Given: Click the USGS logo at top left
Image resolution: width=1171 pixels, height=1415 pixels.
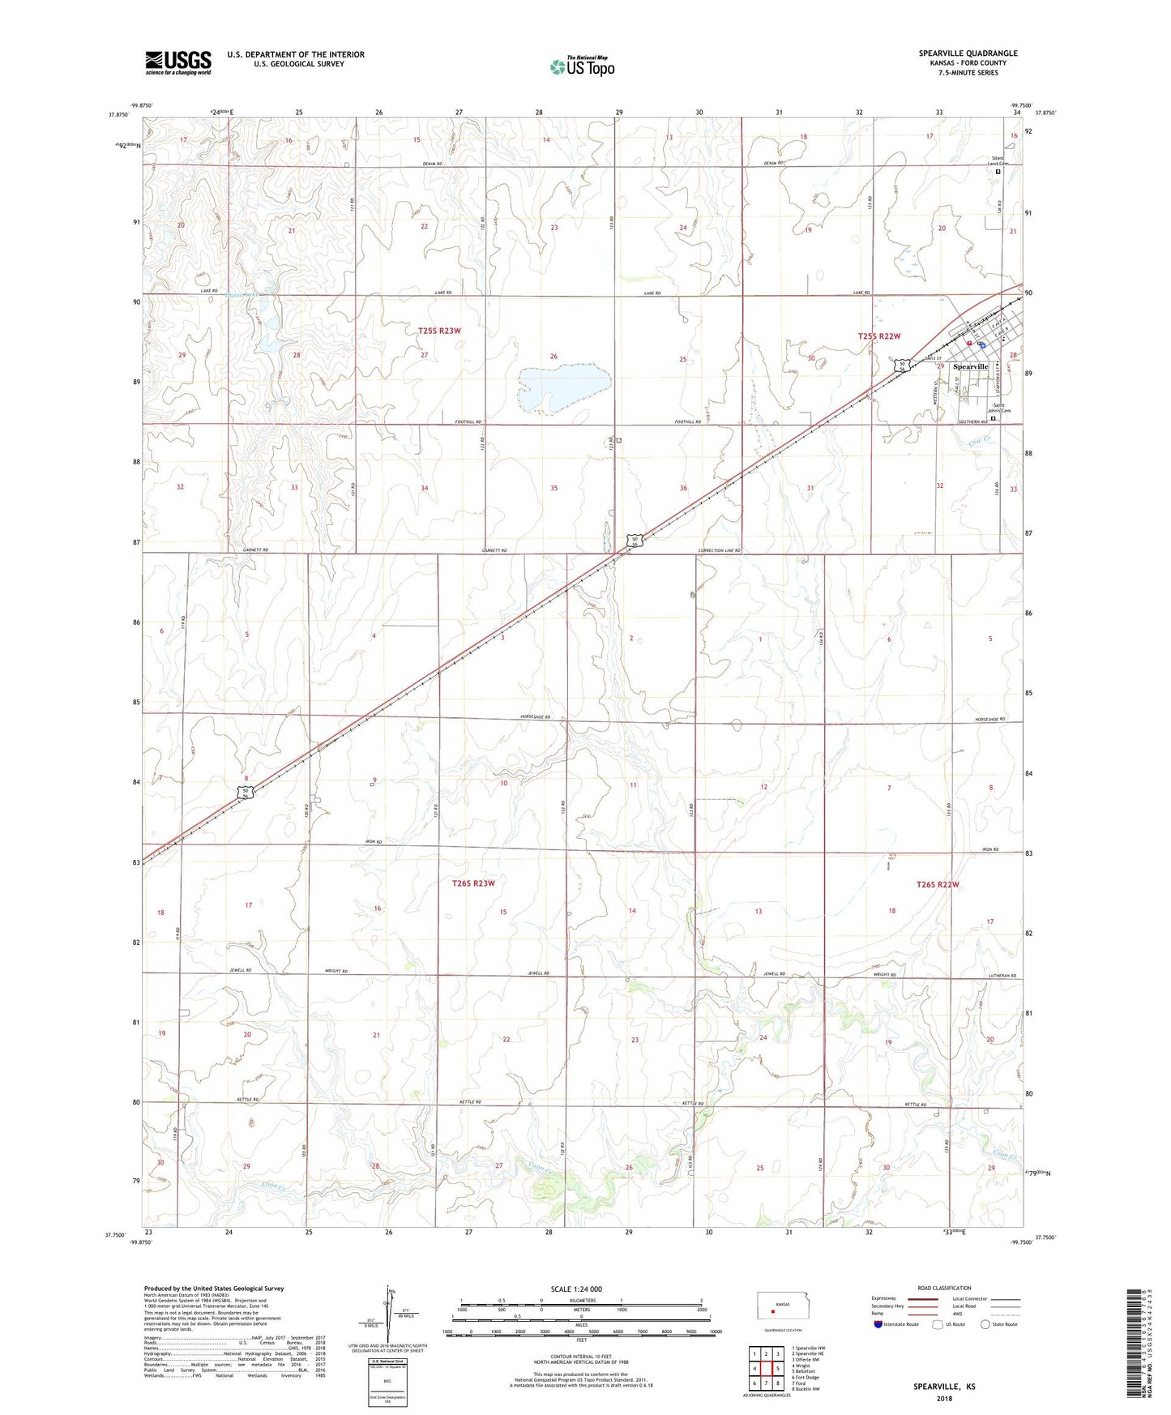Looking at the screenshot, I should pos(178,62).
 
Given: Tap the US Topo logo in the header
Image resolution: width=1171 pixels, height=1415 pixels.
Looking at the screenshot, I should pos(582,66).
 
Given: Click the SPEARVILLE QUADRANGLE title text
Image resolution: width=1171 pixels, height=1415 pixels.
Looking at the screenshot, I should pos(968,53).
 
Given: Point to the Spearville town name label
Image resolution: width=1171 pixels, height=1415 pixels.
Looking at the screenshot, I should pos(970,367).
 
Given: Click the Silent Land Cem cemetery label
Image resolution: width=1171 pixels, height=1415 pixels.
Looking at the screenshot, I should pos(995,160).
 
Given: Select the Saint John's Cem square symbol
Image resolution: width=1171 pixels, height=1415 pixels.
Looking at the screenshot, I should pos(994,419).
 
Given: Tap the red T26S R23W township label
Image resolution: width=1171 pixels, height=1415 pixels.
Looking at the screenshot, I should pos(473,883).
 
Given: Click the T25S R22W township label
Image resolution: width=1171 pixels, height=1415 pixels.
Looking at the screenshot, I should pos(879,336).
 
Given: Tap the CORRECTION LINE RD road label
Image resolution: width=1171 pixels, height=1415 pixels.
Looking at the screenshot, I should pos(720,550).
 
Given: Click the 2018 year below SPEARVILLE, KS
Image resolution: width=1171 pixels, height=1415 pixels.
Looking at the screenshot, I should pos(944,1397).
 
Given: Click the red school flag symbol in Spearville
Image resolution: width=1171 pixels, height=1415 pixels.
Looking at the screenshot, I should pos(968,343).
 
